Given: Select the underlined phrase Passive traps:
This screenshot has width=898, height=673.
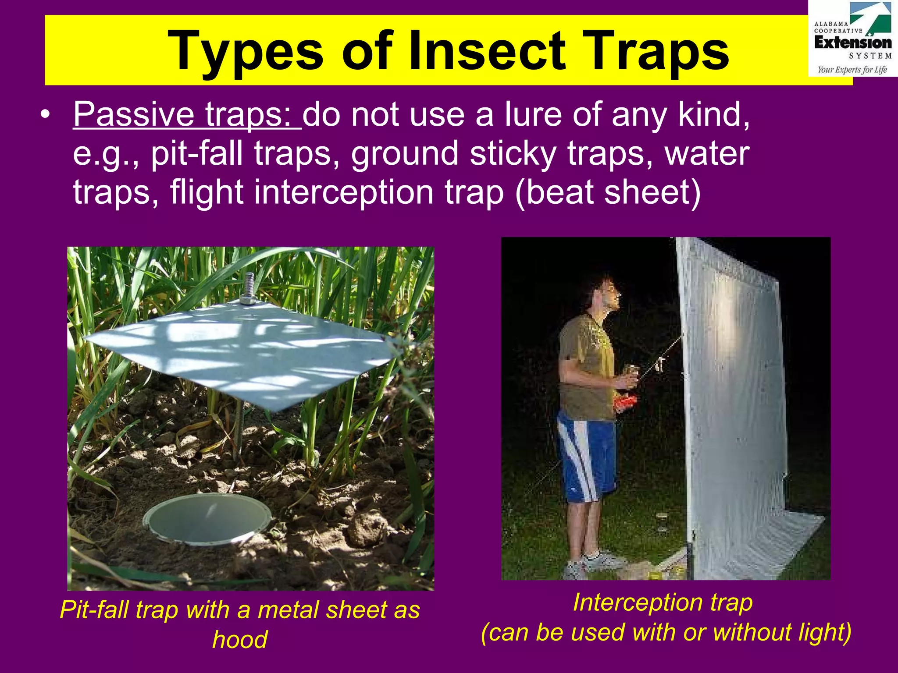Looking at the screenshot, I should (x=187, y=115).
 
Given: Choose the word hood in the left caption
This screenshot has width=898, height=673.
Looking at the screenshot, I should (x=240, y=640).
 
